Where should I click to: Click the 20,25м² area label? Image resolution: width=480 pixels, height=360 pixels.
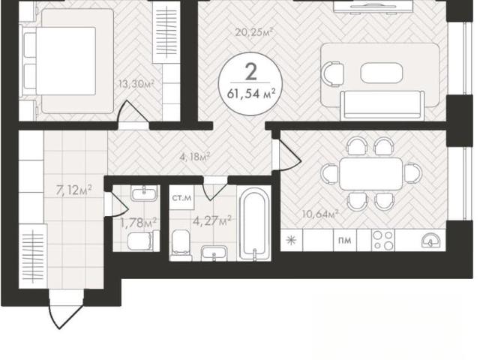tap(254, 31)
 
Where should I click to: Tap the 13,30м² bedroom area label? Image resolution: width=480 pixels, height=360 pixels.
tap(136, 83)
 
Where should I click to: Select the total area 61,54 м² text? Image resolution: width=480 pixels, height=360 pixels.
tap(250, 94)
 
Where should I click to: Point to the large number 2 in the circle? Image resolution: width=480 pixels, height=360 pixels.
tap(251, 72)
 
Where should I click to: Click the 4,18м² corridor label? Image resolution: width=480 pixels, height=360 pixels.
tap(195, 157)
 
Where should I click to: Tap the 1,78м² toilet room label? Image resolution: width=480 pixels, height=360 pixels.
tap(139, 223)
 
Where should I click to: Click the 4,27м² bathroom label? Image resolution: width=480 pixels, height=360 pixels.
tap(211, 220)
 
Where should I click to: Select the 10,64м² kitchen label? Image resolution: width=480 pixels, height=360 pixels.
tap(320, 214)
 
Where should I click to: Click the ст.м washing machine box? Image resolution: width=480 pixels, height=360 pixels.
tap(181, 197)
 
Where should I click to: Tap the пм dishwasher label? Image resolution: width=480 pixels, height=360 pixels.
tap(345, 240)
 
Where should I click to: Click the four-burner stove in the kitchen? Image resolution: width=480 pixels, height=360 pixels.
tap(383, 240)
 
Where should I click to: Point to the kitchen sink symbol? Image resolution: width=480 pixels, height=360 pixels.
tap(431, 240)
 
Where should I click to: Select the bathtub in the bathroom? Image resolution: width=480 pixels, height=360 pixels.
tap(254, 225)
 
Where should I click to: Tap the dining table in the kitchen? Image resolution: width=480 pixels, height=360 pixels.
tap(371, 173)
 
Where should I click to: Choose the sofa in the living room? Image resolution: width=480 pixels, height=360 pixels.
tap(382, 105)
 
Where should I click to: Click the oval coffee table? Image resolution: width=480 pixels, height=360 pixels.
tap(382, 73)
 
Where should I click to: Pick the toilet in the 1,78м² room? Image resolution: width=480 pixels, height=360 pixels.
tap(140, 241)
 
